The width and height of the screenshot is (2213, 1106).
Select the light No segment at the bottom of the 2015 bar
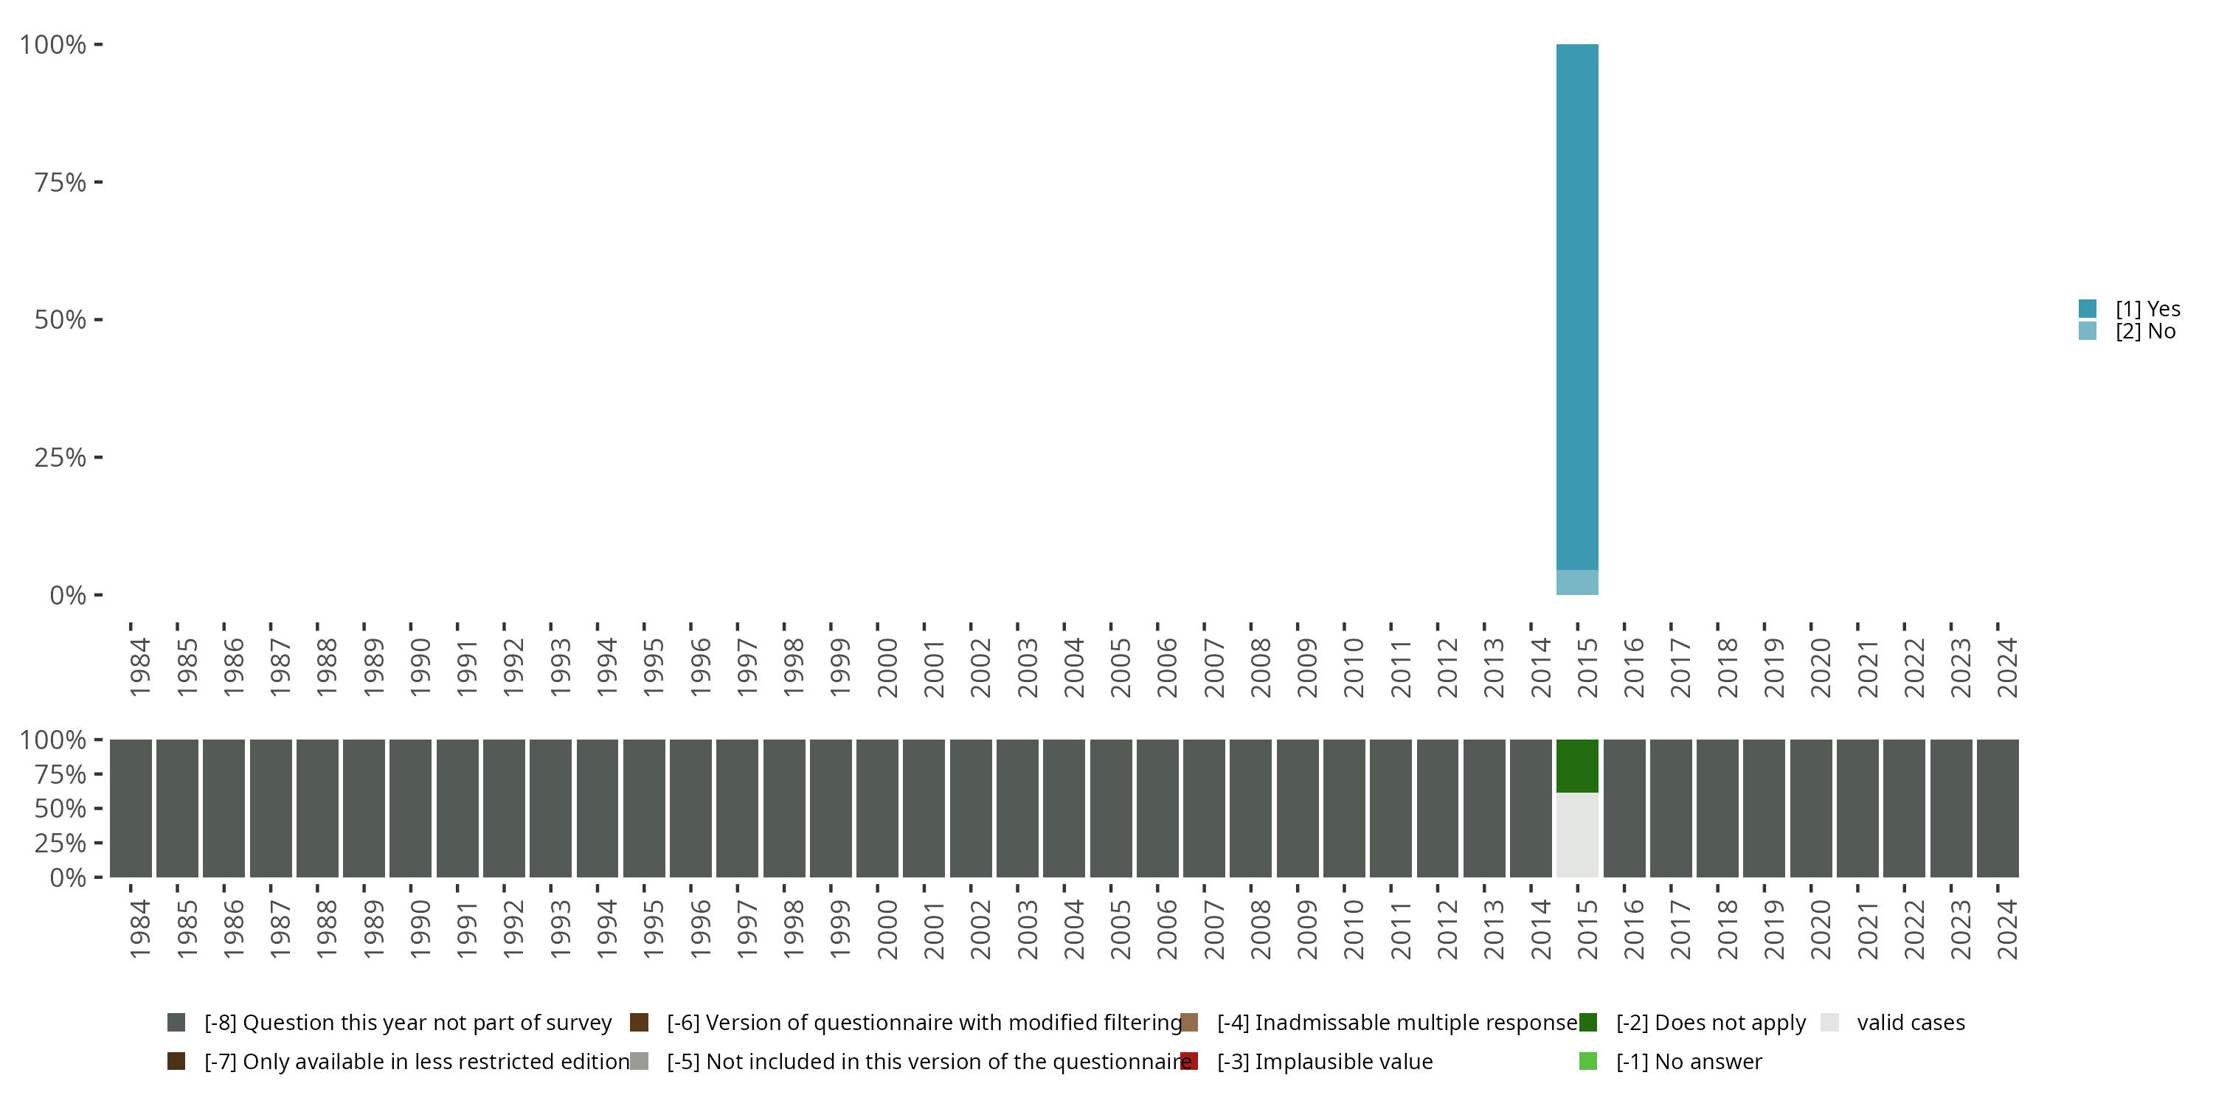(x=1577, y=582)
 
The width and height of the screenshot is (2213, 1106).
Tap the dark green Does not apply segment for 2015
(x=1577, y=766)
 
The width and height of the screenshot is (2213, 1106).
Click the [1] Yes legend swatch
(x=2088, y=308)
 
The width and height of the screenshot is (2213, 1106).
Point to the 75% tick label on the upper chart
(x=60, y=182)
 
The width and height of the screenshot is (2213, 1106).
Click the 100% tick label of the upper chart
(x=53, y=45)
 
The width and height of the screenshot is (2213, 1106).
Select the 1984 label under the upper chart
(x=140, y=667)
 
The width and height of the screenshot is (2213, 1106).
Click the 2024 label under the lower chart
(x=2006, y=929)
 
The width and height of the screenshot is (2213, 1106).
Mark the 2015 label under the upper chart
(x=1587, y=667)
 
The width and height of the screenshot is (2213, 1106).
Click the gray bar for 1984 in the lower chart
(x=131, y=808)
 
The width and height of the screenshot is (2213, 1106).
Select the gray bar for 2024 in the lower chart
(x=1998, y=808)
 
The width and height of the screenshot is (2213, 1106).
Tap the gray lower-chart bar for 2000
(x=877, y=808)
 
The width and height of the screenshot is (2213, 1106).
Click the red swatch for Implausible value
(x=1189, y=1061)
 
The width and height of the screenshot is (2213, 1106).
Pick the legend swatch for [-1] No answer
(x=1587, y=1061)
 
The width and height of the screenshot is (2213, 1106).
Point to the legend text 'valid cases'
(x=1911, y=1023)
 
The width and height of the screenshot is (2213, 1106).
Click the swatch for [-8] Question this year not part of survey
(x=176, y=1023)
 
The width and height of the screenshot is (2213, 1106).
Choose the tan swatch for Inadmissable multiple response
(x=1189, y=1023)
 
